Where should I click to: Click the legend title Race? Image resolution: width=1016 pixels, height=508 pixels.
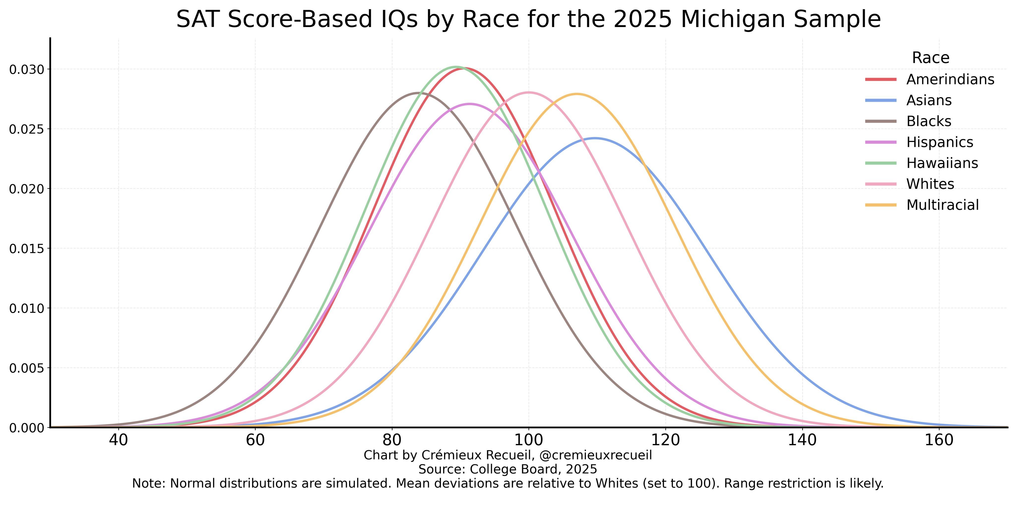[930, 58]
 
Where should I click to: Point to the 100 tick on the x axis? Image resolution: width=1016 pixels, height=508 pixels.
[529, 440]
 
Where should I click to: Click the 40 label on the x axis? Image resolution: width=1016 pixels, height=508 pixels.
[118, 440]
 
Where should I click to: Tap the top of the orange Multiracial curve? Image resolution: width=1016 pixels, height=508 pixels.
[577, 94]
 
